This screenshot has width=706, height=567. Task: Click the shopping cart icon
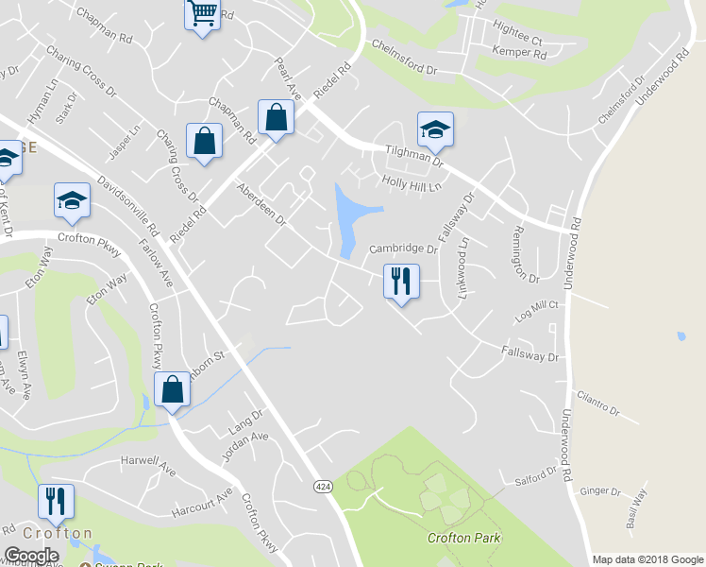point(202,15)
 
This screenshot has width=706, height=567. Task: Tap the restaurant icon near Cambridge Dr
point(401,281)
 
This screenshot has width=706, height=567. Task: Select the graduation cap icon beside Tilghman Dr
point(435,129)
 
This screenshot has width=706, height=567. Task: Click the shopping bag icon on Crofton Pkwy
point(172,389)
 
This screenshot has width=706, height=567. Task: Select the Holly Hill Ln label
point(412,183)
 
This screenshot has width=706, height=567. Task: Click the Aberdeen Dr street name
point(261,204)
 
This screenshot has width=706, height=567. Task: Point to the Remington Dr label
point(525,254)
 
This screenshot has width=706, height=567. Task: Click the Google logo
point(32,556)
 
